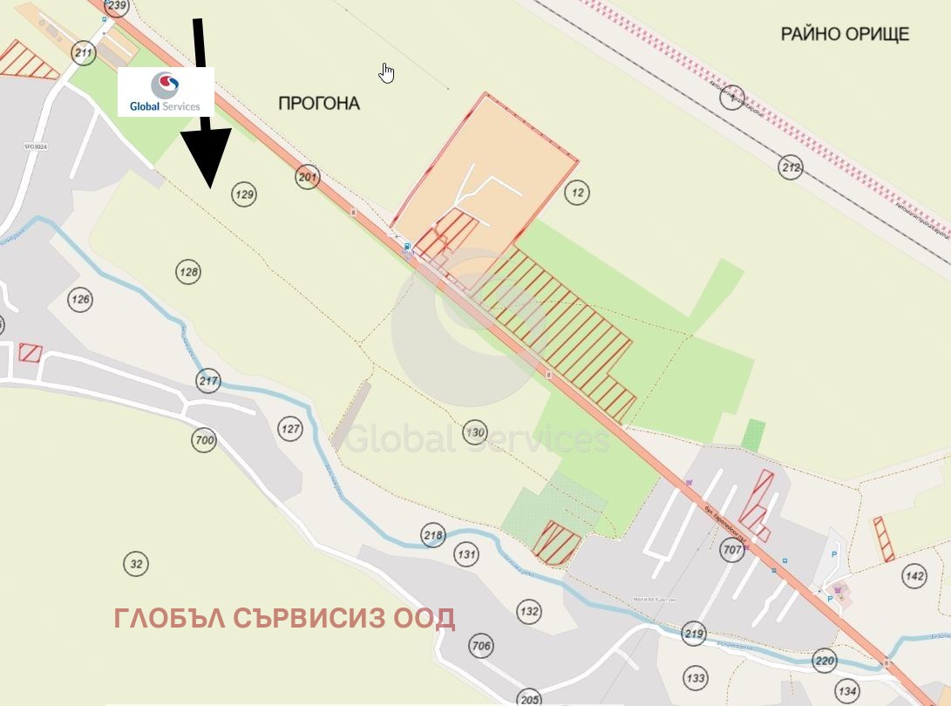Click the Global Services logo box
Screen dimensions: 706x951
coord(166,92)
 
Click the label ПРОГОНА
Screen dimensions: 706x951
coord(319,104)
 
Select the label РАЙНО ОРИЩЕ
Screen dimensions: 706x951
coord(844,34)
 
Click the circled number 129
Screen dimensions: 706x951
coord(245,194)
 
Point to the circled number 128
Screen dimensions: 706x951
coord(188,272)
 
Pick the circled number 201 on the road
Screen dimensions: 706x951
coord(308,177)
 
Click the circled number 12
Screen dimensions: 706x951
coord(577,193)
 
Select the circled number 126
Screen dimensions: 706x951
coord(81,301)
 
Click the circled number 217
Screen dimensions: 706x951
coord(208,381)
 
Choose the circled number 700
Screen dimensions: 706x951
coord(204,440)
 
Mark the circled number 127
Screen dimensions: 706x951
coord(290,429)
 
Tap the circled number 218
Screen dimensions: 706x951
coord(432,535)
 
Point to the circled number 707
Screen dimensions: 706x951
coord(732,550)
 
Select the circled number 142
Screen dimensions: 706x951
coord(914,576)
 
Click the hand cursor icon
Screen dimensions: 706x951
coord(387,73)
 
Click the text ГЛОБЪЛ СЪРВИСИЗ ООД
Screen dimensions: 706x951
coord(284,618)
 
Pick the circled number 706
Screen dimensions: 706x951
coord(480,646)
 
